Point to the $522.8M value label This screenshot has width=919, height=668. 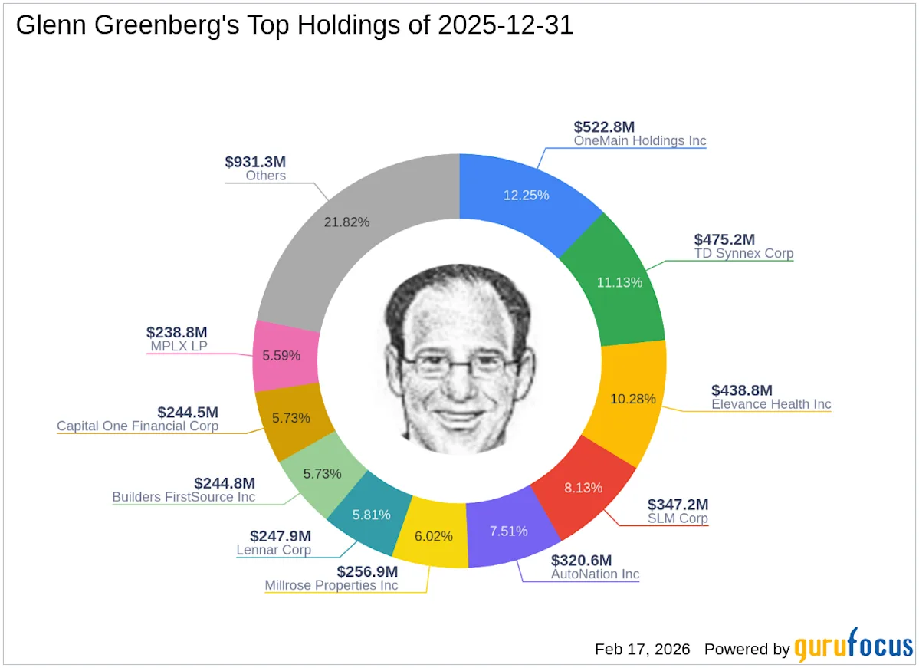(x=604, y=127)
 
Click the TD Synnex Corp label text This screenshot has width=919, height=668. (x=743, y=253)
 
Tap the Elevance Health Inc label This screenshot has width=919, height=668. (x=771, y=404)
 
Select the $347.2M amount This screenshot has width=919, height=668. (x=678, y=505)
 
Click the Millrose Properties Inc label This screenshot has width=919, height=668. (x=331, y=585)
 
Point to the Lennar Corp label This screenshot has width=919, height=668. (x=273, y=550)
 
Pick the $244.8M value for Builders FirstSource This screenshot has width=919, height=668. (x=224, y=483)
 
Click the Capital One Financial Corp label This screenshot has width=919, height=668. (x=137, y=426)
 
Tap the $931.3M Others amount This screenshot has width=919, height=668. (x=255, y=162)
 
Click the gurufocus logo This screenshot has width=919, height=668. (x=852, y=648)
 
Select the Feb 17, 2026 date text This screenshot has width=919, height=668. (x=642, y=649)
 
